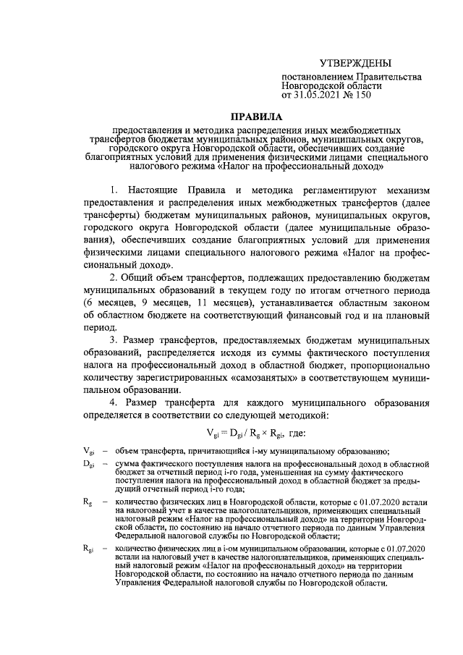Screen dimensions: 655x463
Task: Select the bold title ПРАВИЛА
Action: (x=259, y=115)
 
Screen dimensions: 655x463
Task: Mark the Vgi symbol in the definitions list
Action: (x=88, y=450)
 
